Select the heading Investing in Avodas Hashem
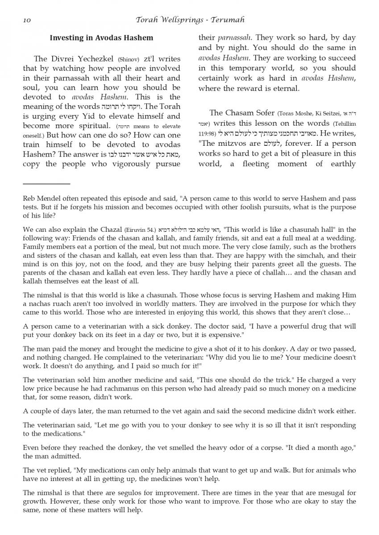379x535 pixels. coord(101,38)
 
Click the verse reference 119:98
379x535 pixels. coord(207,134)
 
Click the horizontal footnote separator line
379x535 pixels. coord(46,183)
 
